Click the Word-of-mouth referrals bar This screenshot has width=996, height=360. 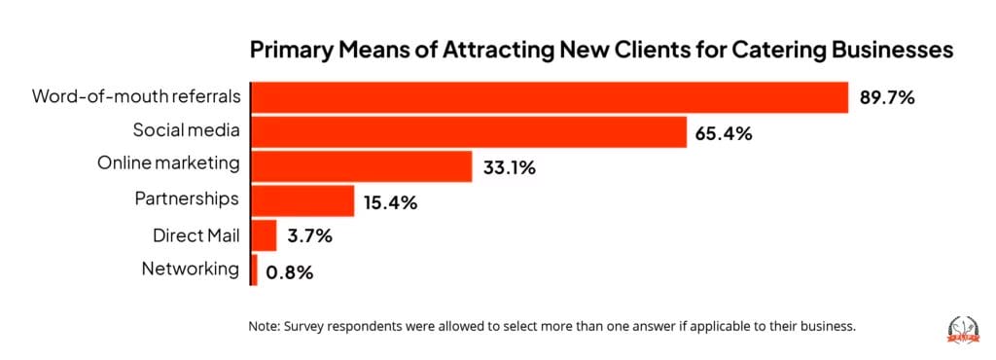(550, 98)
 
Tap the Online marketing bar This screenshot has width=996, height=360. (362, 166)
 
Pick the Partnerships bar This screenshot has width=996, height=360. (302, 201)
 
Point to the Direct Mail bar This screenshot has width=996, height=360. (265, 236)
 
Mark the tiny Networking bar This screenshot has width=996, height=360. (255, 270)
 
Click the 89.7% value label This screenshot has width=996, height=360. (888, 98)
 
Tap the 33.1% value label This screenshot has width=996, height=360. (510, 167)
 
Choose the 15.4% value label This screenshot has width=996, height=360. (391, 202)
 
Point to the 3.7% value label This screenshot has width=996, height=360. (309, 237)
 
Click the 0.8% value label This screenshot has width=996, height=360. (291, 271)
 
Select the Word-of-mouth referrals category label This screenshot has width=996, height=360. (135, 97)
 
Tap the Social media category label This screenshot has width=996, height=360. (185, 130)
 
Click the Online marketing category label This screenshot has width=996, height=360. (168, 164)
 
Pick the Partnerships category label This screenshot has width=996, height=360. (187, 199)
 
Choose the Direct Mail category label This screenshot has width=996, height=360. (196, 234)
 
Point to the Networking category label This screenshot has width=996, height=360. (191, 269)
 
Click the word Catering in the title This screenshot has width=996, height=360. (703, 51)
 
